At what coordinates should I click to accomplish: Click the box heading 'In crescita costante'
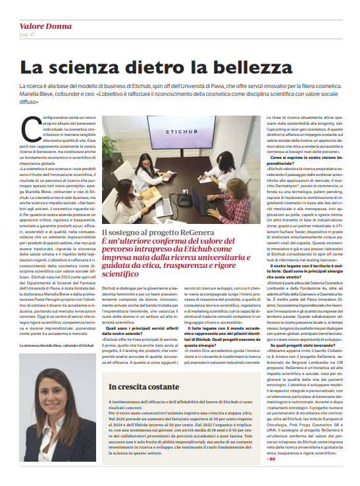point(138,387)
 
